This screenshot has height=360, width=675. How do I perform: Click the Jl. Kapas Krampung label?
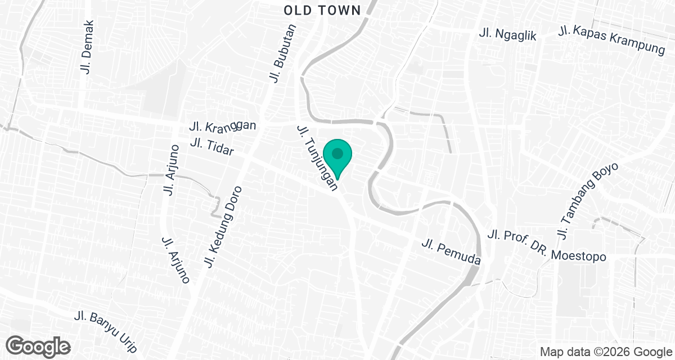coord(611,39)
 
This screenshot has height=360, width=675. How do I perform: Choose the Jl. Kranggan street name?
coord(223,125)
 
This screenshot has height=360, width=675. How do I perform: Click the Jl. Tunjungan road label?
coord(318,160)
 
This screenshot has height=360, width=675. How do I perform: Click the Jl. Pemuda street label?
coord(452,253)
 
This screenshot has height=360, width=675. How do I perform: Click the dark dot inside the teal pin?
coord(337,153)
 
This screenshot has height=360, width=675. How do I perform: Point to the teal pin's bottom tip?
coord(337,179)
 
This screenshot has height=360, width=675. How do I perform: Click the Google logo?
coord(39,345)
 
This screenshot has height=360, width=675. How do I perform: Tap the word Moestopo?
coord(579,256)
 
